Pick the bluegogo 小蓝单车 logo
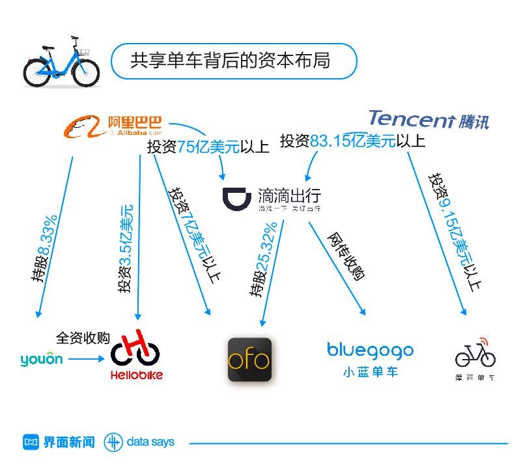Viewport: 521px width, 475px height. coord(370,358)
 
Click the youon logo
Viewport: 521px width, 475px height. coord(42,359)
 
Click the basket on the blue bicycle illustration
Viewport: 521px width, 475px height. coord(84,51)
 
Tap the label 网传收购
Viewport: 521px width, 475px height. coord(345,256)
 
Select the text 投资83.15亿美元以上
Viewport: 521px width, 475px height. coord(352,141)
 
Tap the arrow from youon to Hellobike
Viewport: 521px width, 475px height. coord(85,359)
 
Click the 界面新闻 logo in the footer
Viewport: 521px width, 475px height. coord(59,442)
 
